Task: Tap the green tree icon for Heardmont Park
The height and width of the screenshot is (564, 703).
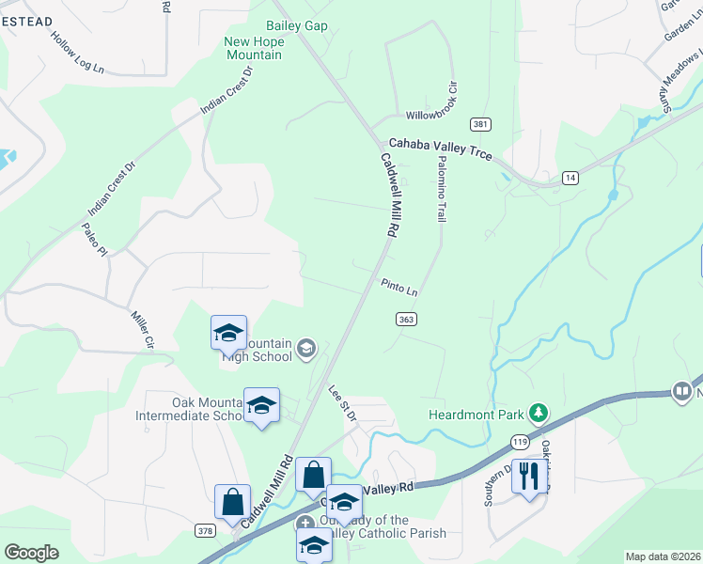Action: (x=538, y=413)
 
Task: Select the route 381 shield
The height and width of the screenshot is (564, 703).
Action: (x=480, y=125)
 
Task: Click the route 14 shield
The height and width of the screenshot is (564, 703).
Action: (x=570, y=177)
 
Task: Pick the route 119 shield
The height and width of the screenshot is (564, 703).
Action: (x=519, y=441)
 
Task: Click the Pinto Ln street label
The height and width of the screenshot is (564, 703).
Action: (x=399, y=286)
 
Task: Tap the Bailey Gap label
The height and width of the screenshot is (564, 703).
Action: (x=297, y=25)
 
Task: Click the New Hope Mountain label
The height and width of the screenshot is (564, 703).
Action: (x=253, y=48)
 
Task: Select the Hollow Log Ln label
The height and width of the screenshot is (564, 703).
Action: (x=77, y=54)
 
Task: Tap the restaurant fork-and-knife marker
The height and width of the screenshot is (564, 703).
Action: (x=529, y=477)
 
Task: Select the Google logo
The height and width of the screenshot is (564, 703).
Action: (x=31, y=553)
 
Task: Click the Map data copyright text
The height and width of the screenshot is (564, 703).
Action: (x=663, y=556)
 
